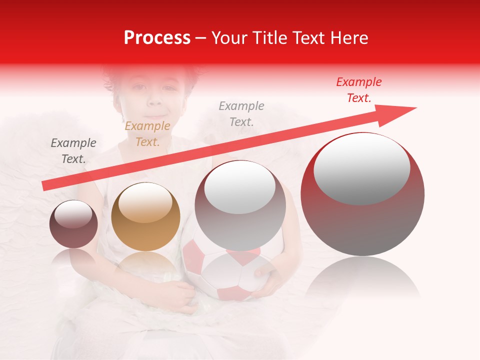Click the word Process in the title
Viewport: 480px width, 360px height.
click(x=157, y=38)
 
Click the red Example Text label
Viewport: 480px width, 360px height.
click(x=359, y=90)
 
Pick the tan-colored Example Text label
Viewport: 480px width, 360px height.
click(x=147, y=134)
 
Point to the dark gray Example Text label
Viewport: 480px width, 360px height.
click(x=73, y=150)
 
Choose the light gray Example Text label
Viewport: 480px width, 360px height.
click(x=241, y=113)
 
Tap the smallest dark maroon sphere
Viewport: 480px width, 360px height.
click(x=73, y=224)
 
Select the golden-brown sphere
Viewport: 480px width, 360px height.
click(x=145, y=216)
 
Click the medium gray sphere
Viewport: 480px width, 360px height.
click(x=240, y=205)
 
